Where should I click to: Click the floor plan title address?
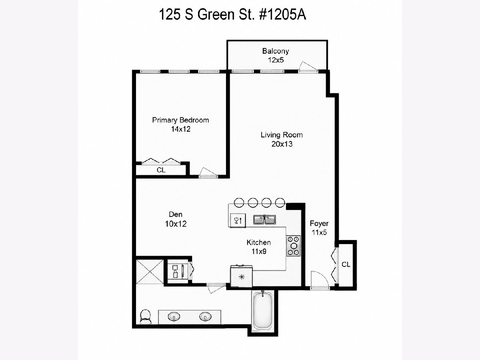pyautogui.click(x=232, y=15)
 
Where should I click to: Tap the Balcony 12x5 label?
pyautogui.click(x=276, y=56)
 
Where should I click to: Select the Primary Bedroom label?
pyautogui.click(x=180, y=124)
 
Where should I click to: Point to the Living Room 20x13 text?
pyautogui.click(x=282, y=139)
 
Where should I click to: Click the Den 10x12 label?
pyautogui.click(x=176, y=219)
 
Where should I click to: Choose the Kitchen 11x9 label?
pyautogui.click(x=259, y=247)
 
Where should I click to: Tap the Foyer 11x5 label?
pyautogui.click(x=319, y=228)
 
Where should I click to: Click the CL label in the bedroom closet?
pyautogui.click(x=161, y=170)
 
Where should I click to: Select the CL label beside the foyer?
pyautogui.click(x=346, y=264)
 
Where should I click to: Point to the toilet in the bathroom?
pyautogui.click(x=145, y=317)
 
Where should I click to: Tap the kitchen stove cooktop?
pyautogui.click(x=293, y=246)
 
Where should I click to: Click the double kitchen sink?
pyautogui.click(x=264, y=220)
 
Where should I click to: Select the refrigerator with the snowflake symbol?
pyautogui.click(x=241, y=276)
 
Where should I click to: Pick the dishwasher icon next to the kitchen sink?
pyautogui.click(x=238, y=220)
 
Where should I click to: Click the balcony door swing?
pyautogui.click(x=308, y=67)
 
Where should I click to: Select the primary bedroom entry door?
pyautogui.click(x=208, y=172)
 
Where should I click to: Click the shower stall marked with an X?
pyautogui.click(x=150, y=272)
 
